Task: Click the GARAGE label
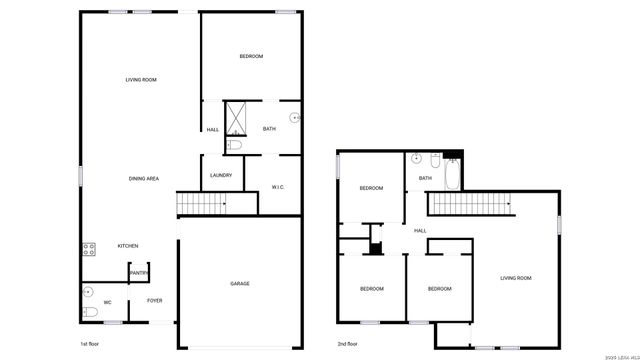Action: click(x=239, y=283)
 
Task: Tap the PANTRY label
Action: click(x=139, y=272)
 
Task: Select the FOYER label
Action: click(x=155, y=300)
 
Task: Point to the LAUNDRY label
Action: click(x=221, y=175)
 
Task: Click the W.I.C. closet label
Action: click(x=279, y=187)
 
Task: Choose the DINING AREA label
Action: click(x=144, y=178)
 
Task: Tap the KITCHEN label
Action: click(x=128, y=246)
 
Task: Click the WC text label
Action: click(x=107, y=301)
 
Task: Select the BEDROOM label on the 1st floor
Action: click(x=251, y=56)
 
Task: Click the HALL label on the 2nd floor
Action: click(x=420, y=231)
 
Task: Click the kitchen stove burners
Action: click(x=89, y=249)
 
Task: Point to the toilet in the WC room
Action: click(x=90, y=313)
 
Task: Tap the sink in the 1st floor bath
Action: click(x=294, y=118)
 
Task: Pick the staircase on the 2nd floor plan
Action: click(x=469, y=204)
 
